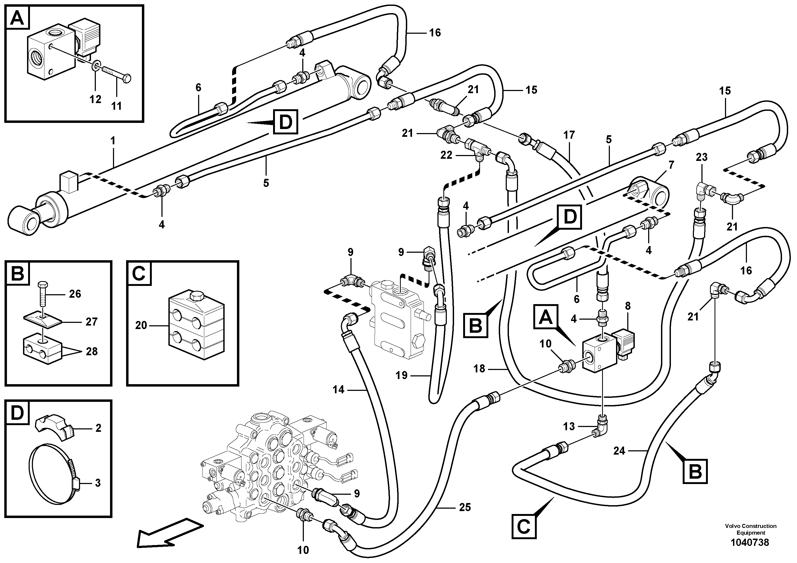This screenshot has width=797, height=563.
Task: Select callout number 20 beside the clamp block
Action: tap(141, 326)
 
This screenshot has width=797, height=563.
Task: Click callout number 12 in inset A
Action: tap(95, 99)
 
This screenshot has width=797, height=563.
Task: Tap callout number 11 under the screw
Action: tap(117, 105)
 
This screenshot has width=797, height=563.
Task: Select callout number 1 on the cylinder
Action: tap(112, 141)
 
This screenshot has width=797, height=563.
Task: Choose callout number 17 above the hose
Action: tap(569, 135)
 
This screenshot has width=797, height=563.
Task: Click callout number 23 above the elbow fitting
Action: tap(701, 157)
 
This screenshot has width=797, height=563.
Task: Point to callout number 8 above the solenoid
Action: tap(628, 306)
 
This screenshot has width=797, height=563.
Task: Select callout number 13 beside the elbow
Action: tap(569, 426)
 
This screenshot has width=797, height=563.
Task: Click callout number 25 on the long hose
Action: tap(465, 508)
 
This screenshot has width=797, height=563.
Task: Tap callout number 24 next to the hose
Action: tap(619, 451)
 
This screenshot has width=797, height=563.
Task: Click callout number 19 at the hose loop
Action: tap(401, 376)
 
